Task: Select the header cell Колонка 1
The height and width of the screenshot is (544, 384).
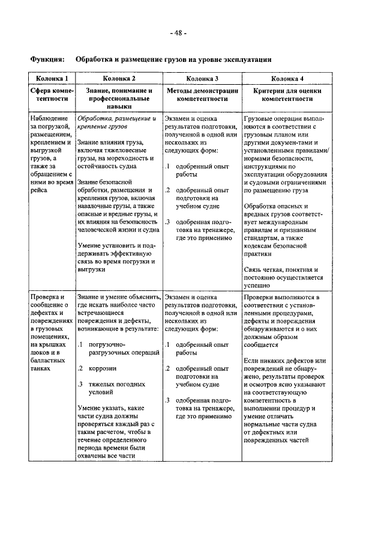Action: (x=52, y=78)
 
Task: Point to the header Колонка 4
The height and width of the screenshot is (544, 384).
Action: (x=287, y=78)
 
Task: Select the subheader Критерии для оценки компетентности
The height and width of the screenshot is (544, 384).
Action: (x=287, y=94)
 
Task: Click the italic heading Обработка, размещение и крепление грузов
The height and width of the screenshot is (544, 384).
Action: (x=116, y=123)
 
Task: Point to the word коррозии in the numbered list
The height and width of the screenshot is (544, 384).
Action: (x=103, y=368)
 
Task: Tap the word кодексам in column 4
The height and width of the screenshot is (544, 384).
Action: (x=260, y=245)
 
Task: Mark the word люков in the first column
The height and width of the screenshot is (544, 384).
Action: (x=40, y=352)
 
